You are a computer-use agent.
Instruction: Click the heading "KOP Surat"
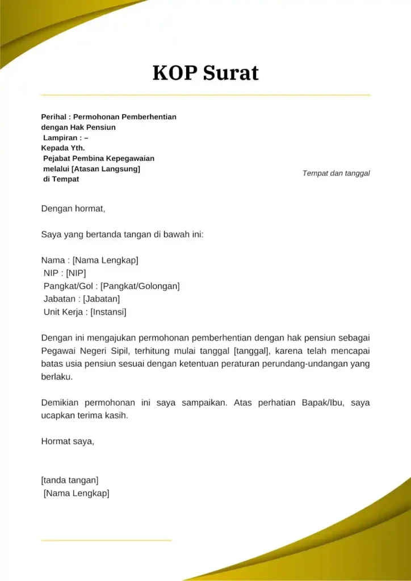pos(205,73)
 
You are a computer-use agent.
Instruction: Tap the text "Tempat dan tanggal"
pos(336,173)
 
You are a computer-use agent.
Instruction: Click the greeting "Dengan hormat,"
pos(73,208)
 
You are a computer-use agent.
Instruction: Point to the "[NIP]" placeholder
pos(76,273)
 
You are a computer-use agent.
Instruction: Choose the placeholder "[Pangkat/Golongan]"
pos(140,286)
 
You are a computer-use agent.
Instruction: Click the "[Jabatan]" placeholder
pos(101,299)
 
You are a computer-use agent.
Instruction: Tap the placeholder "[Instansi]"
pos(108,312)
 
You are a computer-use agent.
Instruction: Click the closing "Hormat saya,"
pos(68,441)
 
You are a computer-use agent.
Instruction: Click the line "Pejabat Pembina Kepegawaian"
pos(99,158)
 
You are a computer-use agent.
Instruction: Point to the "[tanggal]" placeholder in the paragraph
pos(251,351)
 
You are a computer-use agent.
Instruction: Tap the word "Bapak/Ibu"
pos(319,403)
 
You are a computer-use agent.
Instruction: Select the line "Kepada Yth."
pos(63,148)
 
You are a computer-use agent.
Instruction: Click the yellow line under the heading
pos(205,95)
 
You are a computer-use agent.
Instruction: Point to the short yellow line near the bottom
pos(106,540)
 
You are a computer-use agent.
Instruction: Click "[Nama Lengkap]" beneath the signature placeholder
pos(76,493)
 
